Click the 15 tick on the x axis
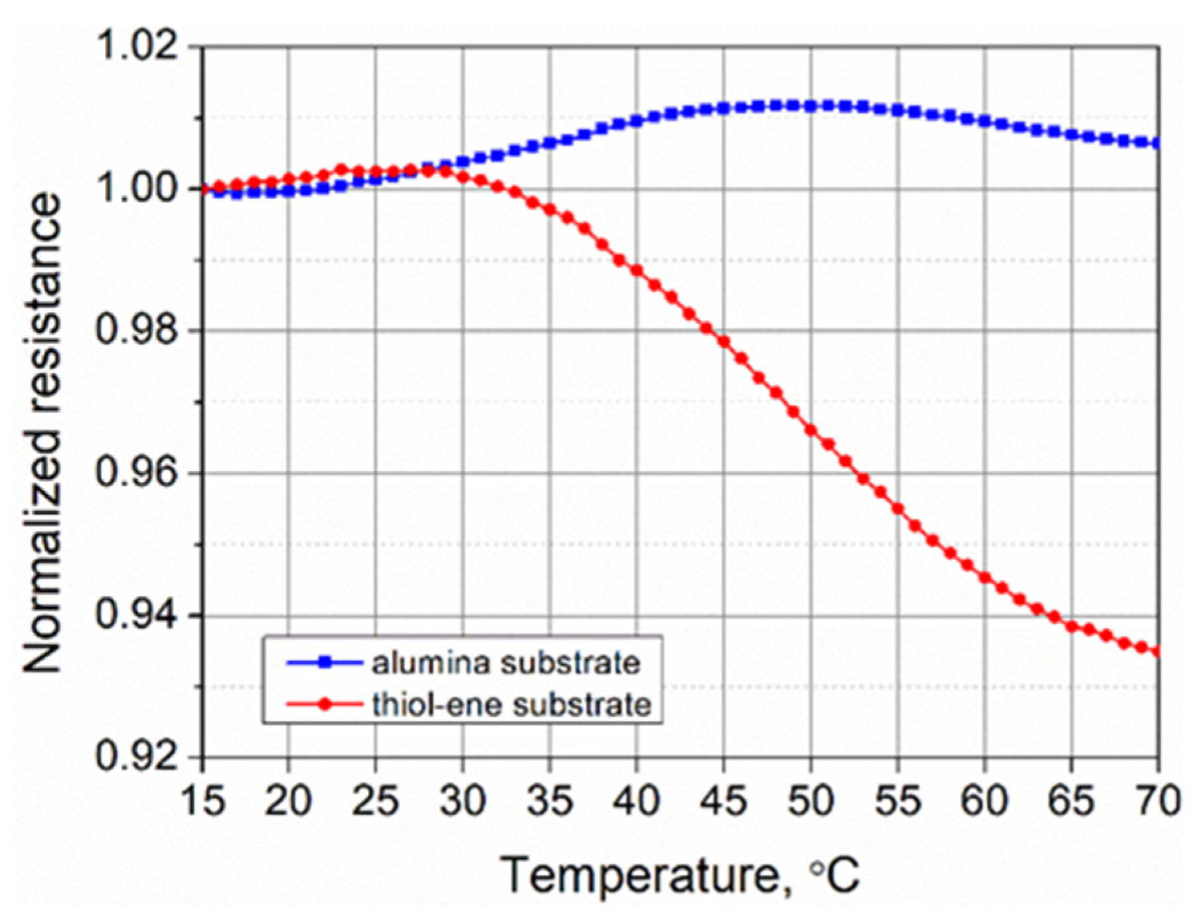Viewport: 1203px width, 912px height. [201, 801]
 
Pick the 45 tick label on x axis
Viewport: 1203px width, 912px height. [724, 801]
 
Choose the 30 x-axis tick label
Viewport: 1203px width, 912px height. [463, 801]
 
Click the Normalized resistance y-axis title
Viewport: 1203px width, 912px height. [44, 435]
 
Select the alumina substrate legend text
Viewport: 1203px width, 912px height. [506, 662]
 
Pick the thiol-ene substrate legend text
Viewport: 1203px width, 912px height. [511, 704]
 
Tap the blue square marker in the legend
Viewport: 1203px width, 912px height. [325, 662]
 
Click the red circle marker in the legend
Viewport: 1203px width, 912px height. [325, 704]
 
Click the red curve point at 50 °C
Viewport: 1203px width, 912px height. [811, 431]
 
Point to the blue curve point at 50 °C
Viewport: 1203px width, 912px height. [811, 106]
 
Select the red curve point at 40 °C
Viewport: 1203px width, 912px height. [637, 271]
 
